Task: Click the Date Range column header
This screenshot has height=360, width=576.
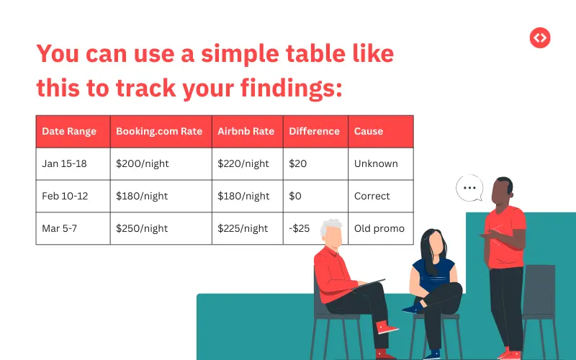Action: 69,132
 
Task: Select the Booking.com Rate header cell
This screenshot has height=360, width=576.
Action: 159,132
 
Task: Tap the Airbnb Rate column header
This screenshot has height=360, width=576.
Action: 246,132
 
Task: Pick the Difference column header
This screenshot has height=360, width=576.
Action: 314,132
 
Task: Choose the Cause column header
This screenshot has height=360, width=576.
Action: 369,132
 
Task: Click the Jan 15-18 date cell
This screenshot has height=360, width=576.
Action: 64,164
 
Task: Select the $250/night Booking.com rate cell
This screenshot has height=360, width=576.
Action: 142,229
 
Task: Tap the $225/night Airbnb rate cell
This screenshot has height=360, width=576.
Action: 243,229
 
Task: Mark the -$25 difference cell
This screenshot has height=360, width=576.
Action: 300,229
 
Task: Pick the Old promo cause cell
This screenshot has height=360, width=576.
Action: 379,229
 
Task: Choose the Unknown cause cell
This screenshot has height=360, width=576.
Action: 376,164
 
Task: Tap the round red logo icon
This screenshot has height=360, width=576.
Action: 539,37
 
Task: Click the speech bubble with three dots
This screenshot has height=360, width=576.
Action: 470,188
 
